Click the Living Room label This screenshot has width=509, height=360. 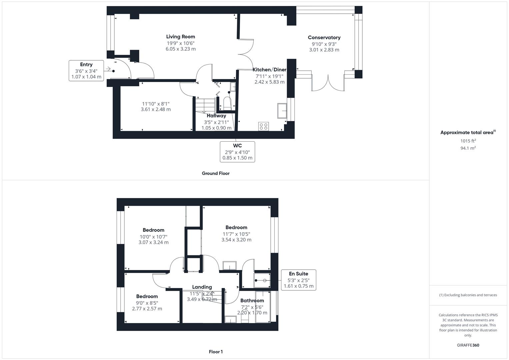(180, 37)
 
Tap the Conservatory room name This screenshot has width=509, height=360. (324, 38)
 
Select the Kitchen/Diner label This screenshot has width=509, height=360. (269, 70)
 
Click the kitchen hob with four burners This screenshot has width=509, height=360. (263, 126)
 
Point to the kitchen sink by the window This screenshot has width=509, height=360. (282, 111)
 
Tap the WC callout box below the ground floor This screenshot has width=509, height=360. (237, 152)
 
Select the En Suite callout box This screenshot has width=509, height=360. (298, 280)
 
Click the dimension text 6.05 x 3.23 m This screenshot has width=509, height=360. (180, 49)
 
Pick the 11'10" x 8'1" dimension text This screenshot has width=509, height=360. (156, 103)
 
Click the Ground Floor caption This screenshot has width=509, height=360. (216, 173)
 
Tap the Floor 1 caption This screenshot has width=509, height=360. (216, 352)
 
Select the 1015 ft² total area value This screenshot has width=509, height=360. (468, 141)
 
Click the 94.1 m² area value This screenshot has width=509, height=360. (468, 148)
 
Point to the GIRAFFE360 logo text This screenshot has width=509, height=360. (468, 345)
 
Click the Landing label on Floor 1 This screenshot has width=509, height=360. (202, 287)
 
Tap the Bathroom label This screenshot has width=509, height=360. (252, 301)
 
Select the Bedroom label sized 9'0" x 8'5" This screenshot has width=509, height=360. (147, 296)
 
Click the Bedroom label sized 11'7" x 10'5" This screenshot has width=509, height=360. (236, 228)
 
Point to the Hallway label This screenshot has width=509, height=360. (216, 116)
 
